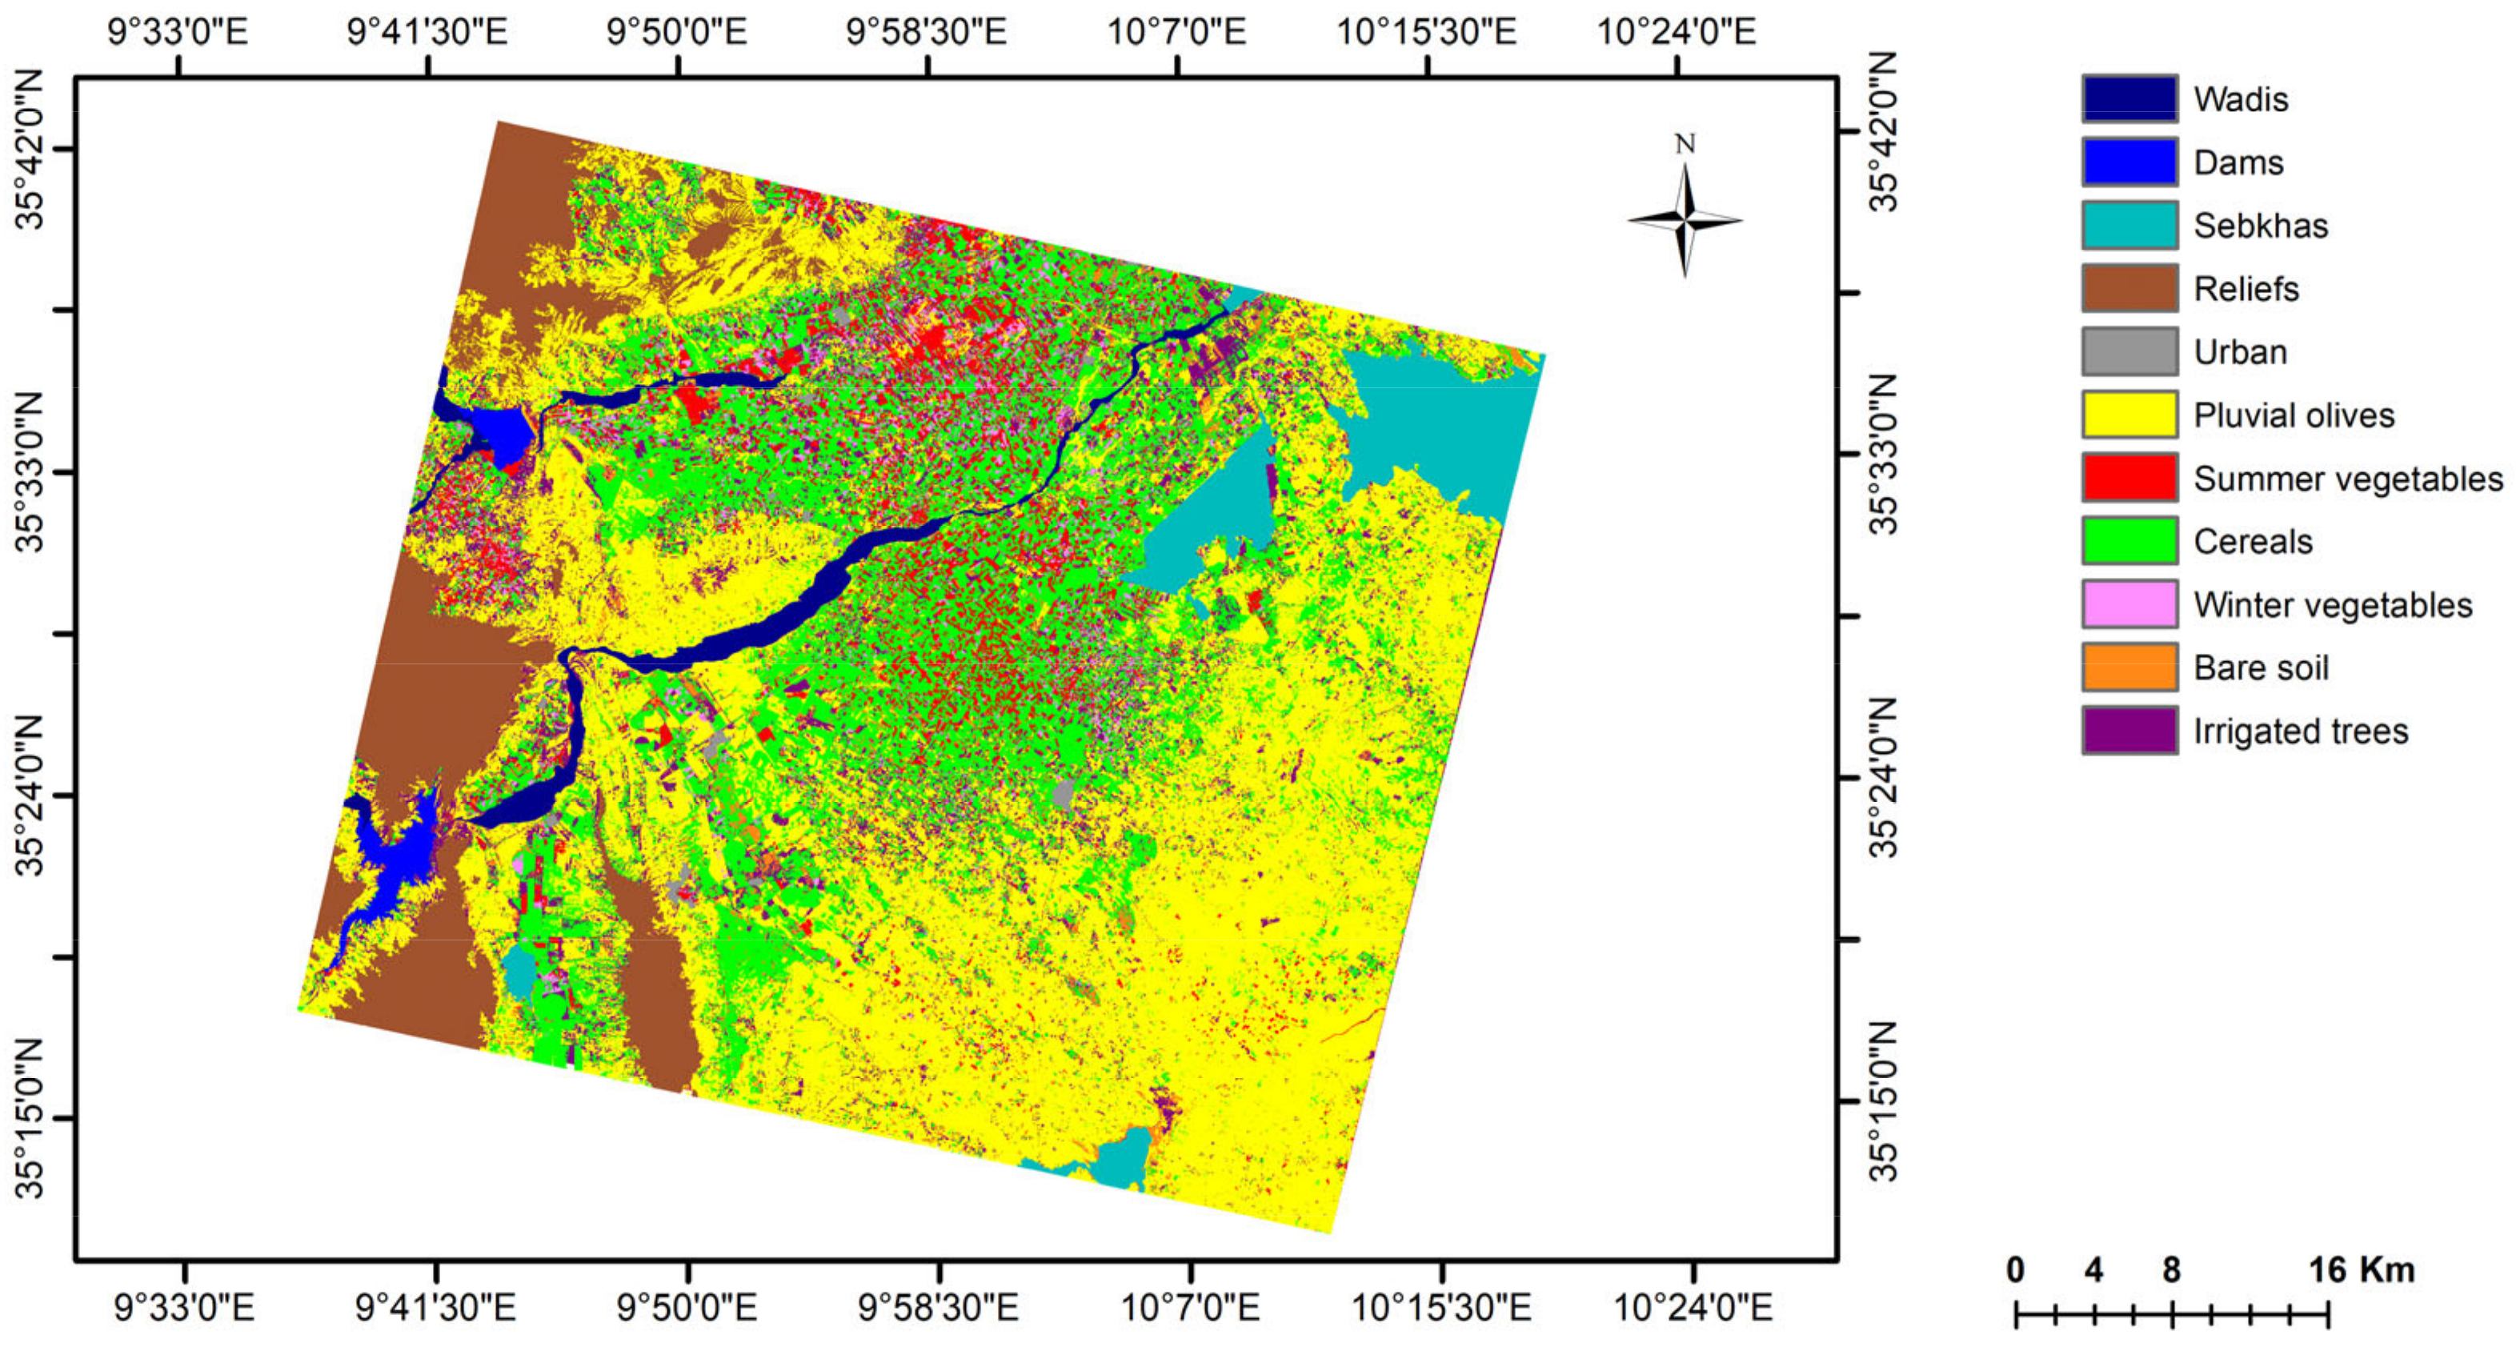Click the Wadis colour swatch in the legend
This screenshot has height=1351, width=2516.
click(x=2129, y=98)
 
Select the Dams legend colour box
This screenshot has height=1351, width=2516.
click(x=2129, y=162)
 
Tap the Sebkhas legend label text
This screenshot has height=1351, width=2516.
click(x=2260, y=226)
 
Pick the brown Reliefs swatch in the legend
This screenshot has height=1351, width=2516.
click(x=2129, y=288)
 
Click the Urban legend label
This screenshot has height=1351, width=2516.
click(x=2240, y=351)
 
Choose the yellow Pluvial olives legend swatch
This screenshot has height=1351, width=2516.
click(x=2129, y=415)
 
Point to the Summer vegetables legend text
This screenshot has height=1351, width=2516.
click(x=2348, y=479)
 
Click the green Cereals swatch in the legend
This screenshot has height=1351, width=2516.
click(x=2129, y=541)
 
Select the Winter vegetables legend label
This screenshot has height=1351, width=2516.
click(x=2333, y=605)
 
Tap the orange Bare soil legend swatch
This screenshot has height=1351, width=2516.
click(x=2129, y=668)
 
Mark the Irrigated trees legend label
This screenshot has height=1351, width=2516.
click(x=2300, y=731)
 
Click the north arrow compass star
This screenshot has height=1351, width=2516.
click(x=1685, y=221)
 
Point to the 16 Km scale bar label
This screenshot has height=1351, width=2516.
click(x=2361, y=1270)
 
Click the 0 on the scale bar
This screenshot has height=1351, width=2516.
click(x=2016, y=1270)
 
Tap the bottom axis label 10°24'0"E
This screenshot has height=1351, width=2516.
click(x=1693, y=1307)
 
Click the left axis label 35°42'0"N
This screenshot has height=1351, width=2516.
click(x=31, y=149)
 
